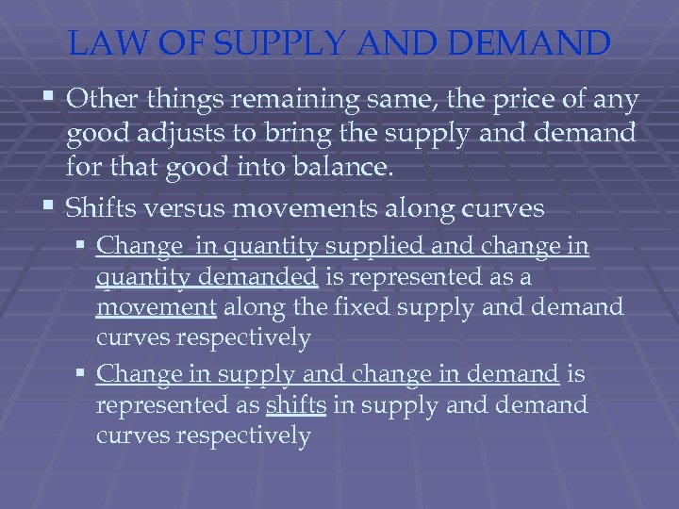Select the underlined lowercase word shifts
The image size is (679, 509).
click(296, 406)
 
